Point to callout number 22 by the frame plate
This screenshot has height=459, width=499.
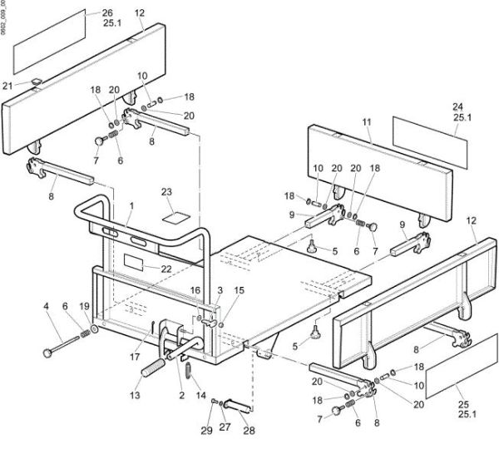tap(166, 268)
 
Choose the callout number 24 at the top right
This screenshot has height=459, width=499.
tap(457, 106)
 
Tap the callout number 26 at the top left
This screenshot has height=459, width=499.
tap(107, 13)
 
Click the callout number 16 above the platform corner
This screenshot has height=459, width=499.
tap(196, 290)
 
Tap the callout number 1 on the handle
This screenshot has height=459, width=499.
tap(131, 204)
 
